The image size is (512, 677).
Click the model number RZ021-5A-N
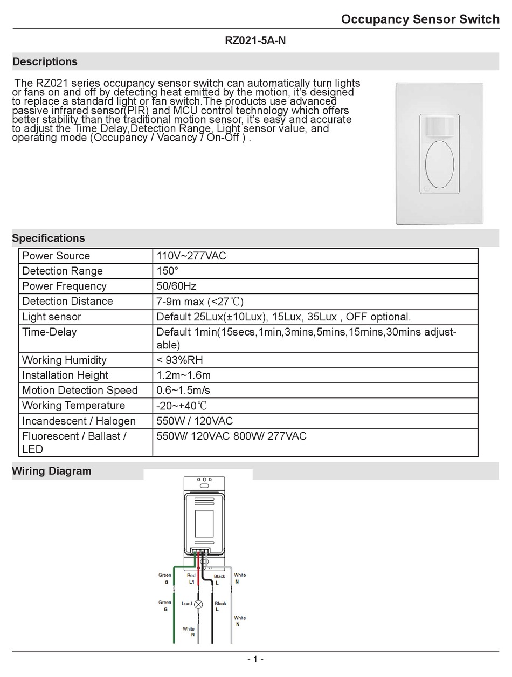[255, 40]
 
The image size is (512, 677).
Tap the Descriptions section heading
[45, 61]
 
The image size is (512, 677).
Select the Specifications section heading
[49, 238]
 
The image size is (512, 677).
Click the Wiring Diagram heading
[52, 471]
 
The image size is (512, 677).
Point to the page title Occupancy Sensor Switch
[420, 19]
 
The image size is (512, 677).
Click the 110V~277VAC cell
[191, 256]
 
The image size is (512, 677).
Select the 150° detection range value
[167, 271]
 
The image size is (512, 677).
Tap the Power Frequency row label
[64, 286]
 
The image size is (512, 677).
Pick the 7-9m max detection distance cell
[204, 301]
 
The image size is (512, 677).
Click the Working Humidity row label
[64, 360]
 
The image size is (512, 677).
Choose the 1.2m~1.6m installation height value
[183, 375]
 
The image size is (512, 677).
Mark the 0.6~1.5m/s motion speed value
[183, 390]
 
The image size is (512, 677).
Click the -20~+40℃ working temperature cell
[182, 405]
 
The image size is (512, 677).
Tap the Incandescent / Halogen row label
[79, 421]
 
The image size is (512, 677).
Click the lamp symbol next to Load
[198, 604]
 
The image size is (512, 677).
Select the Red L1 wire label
[191, 579]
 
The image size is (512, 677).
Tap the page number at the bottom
[255, 659]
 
